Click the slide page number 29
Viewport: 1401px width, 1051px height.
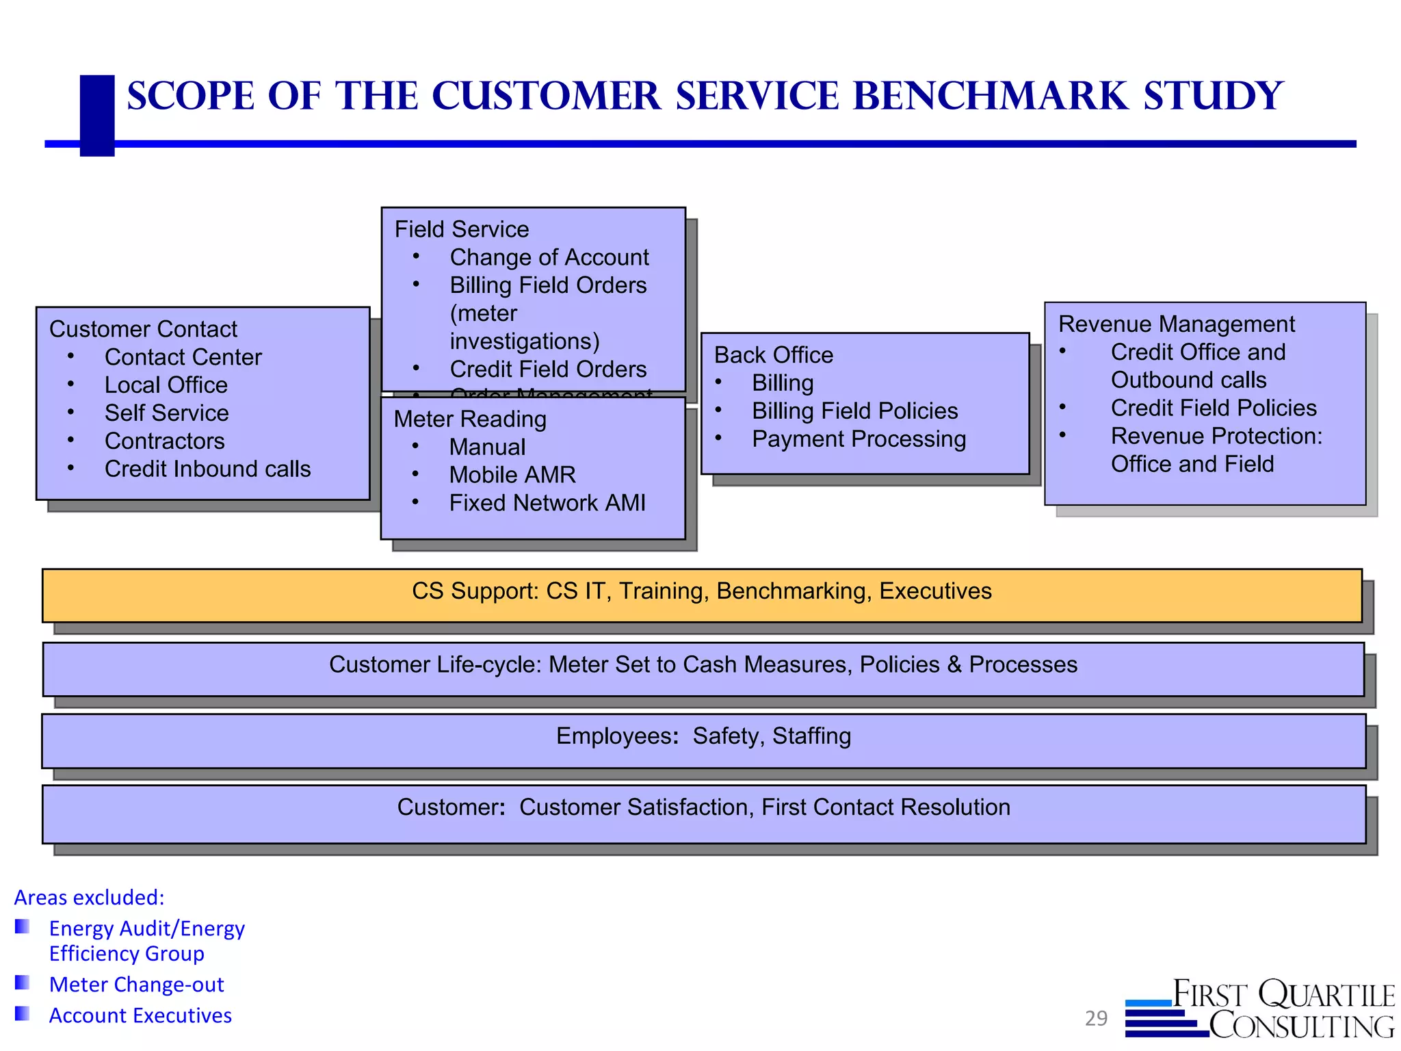[x=1095, y=1018]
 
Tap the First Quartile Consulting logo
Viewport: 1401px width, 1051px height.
[x=1260, y=1009]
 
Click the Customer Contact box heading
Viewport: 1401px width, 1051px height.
[x=143, y=329]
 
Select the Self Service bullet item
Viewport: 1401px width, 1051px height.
[x=166, y=413]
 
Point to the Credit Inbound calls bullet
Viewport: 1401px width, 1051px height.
[x=207, y=469]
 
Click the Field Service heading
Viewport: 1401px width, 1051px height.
[x=462, y=229]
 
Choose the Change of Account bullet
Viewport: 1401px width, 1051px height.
[x=549, y=257]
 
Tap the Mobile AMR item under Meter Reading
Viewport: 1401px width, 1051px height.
[x=512, y=475]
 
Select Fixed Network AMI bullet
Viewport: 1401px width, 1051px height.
[x=547, y=503]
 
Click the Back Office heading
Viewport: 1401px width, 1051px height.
[x=773, y=355]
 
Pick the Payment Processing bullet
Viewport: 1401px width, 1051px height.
[x=859, y=439]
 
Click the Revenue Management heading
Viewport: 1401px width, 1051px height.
[x=1176, y=324]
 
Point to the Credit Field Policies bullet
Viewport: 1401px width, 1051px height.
[x=1213, y=408]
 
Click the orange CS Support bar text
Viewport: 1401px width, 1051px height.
[x=701, y=591]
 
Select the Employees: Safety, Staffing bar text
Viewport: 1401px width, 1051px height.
[x=703, y=736]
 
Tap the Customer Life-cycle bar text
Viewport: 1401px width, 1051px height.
[x=703, y=664]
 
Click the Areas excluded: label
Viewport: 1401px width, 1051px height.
[x=90, y=898]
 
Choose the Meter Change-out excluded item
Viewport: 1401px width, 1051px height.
[x=136, y=985]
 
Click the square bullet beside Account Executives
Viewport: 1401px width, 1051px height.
[x=23, y=1013]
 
